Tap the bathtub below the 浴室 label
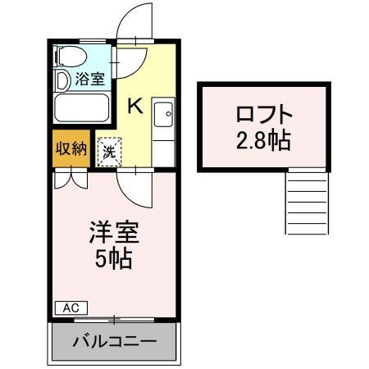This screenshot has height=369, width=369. (x=81, y=107)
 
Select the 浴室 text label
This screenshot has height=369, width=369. (x=89, y=80)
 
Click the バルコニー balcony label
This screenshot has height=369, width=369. (x=115, y=340)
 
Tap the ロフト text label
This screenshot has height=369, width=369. (x=264, y=113)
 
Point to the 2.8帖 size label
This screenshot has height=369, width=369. (x=264, y=140)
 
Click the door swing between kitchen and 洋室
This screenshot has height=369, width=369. (x=131, y=187)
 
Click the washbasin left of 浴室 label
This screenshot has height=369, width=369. (x=61, y=80)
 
